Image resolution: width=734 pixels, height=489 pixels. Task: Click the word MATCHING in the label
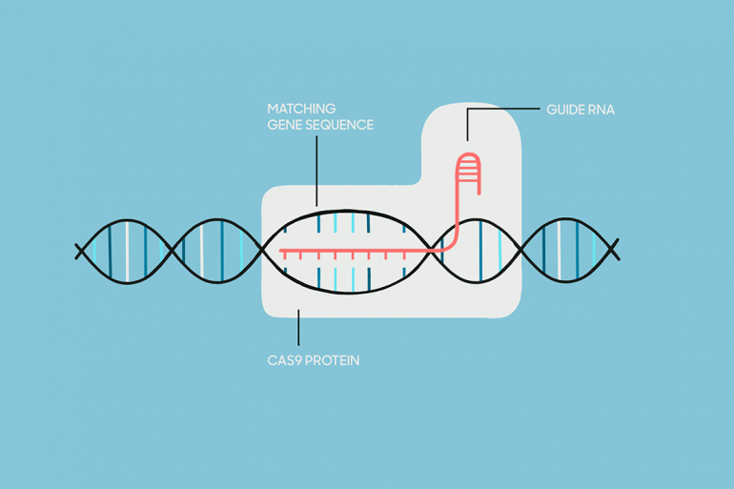[301, 109]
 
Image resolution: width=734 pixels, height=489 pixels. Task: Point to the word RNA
[601, 110]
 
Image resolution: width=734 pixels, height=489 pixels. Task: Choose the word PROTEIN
[334, 360]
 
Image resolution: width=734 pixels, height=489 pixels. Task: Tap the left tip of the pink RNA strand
[281, 252]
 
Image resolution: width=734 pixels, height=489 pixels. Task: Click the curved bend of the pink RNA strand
[452, 244]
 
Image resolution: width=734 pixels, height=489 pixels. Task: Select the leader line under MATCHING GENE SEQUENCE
[316, 171]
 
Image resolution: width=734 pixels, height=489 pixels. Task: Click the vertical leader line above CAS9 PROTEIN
[298, 327]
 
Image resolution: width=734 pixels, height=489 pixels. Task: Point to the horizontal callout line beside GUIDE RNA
[503, 109]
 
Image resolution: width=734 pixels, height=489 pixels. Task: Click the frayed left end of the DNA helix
[80, 252]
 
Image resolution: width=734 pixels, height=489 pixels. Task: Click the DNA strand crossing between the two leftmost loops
[173, 252]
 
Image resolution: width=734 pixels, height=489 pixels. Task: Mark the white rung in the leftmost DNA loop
[127, 252]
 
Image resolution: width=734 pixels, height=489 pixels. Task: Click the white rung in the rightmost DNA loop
[559, 251]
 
